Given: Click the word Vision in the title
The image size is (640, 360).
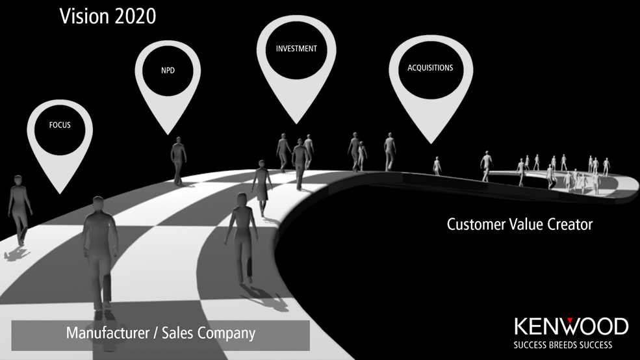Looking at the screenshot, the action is pyautogui.click(x=84, y=16).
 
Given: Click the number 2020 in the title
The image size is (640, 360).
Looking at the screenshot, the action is pyautogui.click(x=136, y=16).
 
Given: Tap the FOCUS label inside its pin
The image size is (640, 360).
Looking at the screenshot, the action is pyautogui.click(x=60, y=125).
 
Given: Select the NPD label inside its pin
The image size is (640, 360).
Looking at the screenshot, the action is pyautogui.click(x=168, y=70).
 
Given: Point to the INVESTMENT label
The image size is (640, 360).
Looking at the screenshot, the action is pyautogui.click(x=296, y=49).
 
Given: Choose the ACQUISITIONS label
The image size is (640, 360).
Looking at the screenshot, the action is pyautogui.click(x=430, y=68).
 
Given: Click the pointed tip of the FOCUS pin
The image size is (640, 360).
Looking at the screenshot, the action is pyautogui.click(x=60, y=194).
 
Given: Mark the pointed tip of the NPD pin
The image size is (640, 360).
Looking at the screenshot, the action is pyautogui.click(x=168, y=135).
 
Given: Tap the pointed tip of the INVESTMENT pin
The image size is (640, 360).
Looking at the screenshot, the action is pyautogui.click(x=296, y=123).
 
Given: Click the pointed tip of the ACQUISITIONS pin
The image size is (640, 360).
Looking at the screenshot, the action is pyautogui.click(x=431, y=143).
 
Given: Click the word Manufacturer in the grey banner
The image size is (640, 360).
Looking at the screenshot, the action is pyautogui.click(x=108, y=333).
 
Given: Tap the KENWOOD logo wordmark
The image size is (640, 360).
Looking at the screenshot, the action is pyautogui.click(x=571, y=326).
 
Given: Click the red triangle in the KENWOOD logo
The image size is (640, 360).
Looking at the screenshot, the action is pyautogui.click(x=570, y=320).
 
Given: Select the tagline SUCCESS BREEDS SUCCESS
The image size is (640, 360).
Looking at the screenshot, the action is pyautogui.click(x=563, y=345).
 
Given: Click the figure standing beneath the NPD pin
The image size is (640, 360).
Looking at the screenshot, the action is pyautogui.click(x=178, y=161).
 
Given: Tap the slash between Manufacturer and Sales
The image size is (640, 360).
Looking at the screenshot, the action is pyautogui.click(x=155, y=333).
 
